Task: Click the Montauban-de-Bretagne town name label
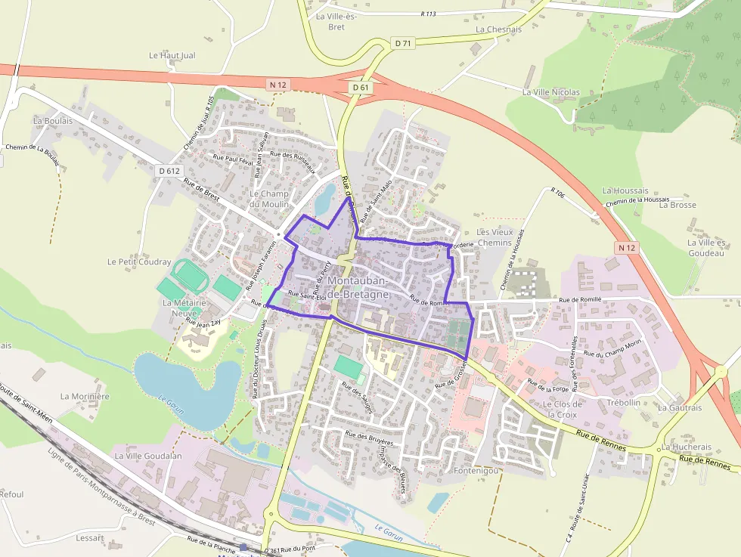[358, 287]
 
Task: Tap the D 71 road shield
[403, 43]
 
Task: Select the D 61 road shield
[361, 88]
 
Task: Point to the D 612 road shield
[169, 171]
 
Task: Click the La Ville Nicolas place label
[550, 92]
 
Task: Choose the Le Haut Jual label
[172, 55]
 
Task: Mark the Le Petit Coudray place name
[139, 262]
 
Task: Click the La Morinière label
[85, 396]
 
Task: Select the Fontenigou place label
[476, 470]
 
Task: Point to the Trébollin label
[624, 403]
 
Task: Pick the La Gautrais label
[680, 407]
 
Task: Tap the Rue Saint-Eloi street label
[306, 294]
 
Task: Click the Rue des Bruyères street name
[369, 438]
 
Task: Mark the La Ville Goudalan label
[148, 456]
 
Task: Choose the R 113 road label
[428, 14]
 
